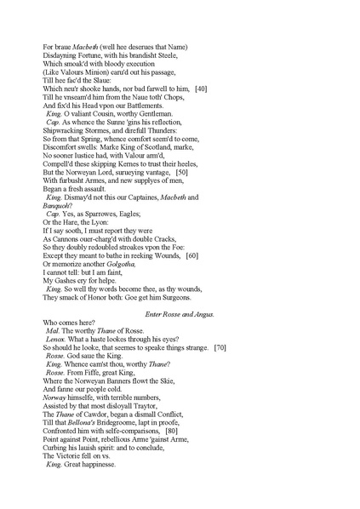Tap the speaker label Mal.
pos(54,329)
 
